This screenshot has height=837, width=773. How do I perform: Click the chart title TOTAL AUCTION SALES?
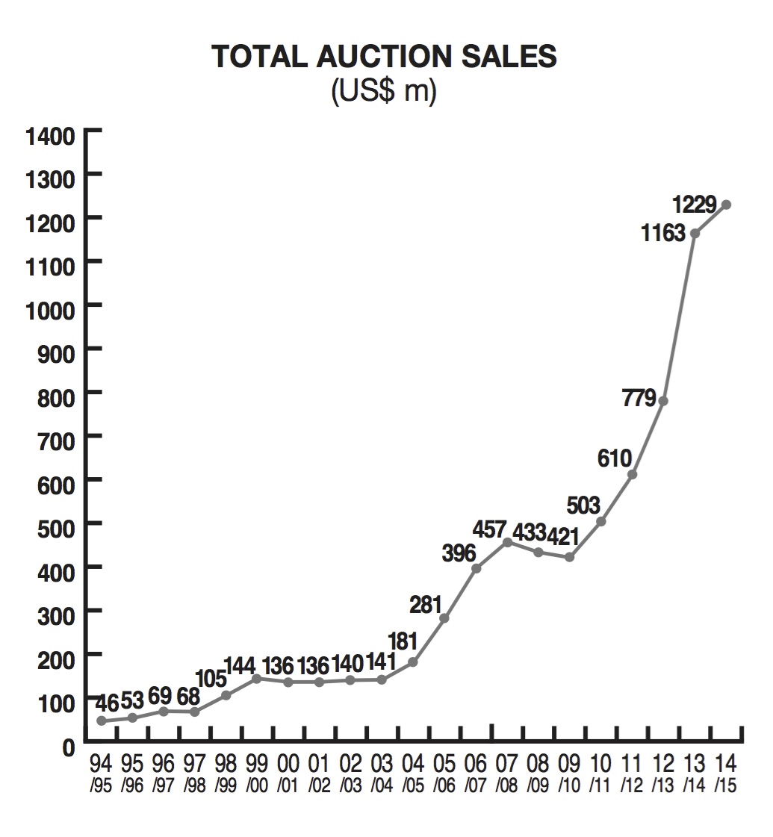385,57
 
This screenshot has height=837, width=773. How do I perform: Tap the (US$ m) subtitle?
384,93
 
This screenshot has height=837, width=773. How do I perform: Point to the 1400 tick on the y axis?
51,136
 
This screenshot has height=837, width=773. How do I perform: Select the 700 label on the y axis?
56,436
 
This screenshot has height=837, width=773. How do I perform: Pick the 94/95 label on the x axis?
101,772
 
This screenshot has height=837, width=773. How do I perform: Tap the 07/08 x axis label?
506,772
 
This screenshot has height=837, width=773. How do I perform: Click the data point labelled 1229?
726,205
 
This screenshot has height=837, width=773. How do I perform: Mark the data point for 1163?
695,234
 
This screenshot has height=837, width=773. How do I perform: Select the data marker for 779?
663,401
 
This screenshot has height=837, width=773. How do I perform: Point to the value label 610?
615,458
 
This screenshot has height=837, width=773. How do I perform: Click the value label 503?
583,505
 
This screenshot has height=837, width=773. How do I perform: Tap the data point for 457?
507,542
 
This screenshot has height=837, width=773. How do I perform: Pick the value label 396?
458,553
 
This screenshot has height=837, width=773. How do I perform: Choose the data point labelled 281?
444,618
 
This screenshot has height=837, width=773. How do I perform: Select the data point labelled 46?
101,721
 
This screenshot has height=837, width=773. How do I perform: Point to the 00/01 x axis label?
288,772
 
